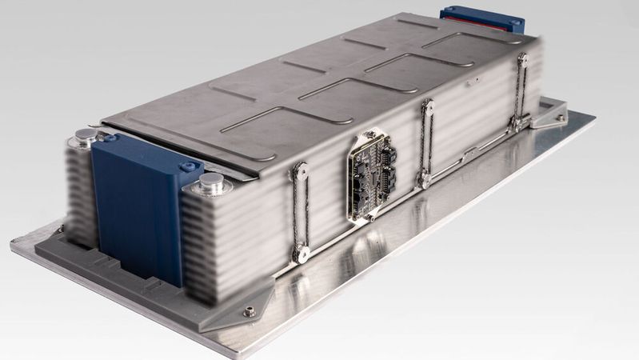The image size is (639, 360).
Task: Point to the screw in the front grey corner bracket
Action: pyautogui.click(x=250, y=310)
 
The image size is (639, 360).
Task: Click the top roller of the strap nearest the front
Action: pyautogui.click(x=299, y=169)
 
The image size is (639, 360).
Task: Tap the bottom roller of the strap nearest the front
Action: pyautogui.click(x=302, y=254)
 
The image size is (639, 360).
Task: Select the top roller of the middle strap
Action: pyautogui.click(x=428, y=106)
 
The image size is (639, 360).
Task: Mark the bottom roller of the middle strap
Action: pyautogui.click(x=425, y=180)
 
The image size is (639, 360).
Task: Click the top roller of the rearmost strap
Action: pyautogui.click(x=522, y=59)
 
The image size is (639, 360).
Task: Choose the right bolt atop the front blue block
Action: pyautogui.click(x=190, y=166)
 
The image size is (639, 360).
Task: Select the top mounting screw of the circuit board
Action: pyautogui.click(x=370, y=133)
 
